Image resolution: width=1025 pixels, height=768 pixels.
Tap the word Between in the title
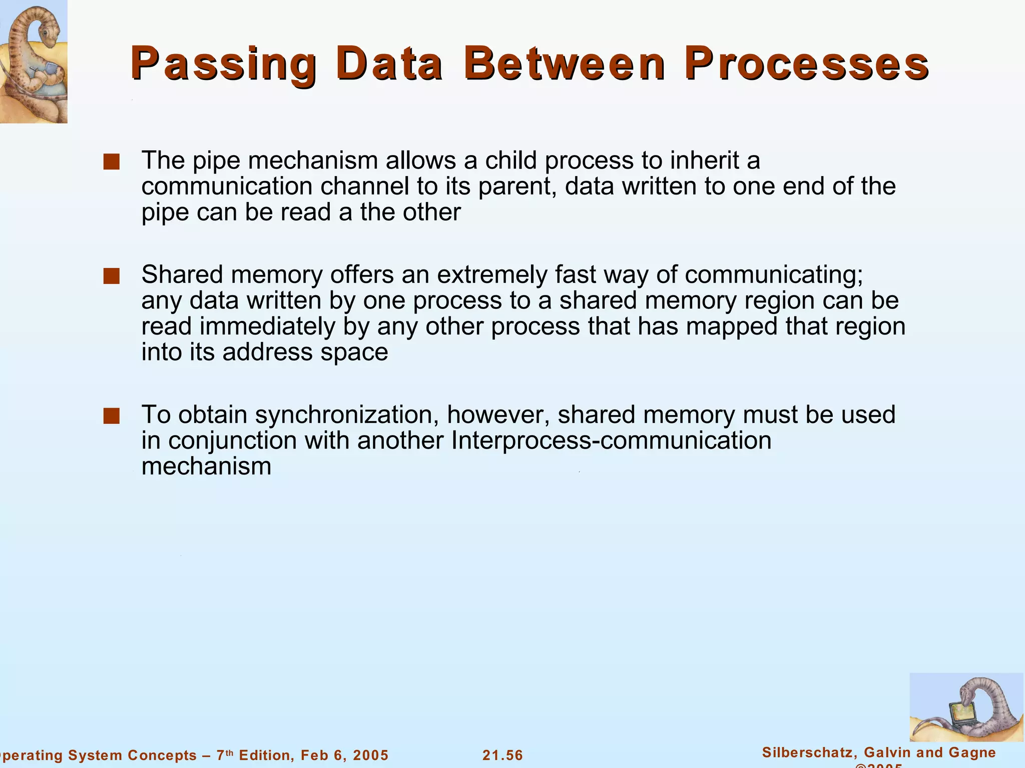click(x=565, y=64)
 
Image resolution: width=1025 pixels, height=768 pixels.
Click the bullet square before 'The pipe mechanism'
click(x=111, y=162)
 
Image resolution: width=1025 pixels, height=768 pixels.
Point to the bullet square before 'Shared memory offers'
click(x=111, y=276)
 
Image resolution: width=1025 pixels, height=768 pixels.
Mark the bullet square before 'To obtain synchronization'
click(x=111, y=416)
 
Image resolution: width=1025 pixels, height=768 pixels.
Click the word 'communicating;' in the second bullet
click(x=774, y=274)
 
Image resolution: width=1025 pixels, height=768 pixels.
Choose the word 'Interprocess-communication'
click(x=611, y=440)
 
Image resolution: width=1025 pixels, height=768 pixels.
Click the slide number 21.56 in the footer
click(x=502, y=755)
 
